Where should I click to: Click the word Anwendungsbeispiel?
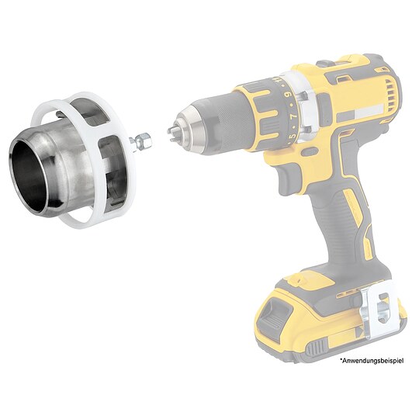point(372,361)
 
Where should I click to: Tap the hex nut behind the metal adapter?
point(144,140)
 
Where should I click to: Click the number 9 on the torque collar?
point(288,95)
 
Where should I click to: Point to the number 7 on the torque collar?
point(292,116)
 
